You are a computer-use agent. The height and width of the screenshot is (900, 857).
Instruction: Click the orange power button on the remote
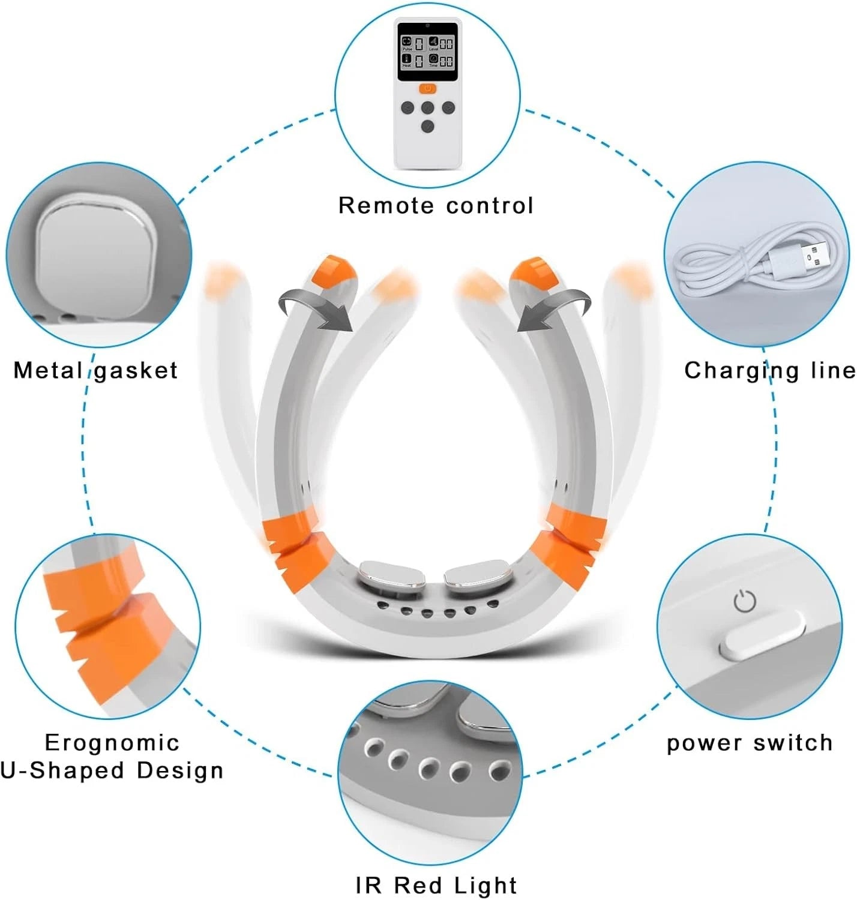427,89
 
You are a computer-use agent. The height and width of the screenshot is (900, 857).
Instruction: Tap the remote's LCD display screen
427,52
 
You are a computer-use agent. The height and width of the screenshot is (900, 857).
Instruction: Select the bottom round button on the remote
427,127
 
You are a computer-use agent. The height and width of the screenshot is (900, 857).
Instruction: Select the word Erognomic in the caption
112,743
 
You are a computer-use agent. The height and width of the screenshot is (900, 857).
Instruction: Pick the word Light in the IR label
486,886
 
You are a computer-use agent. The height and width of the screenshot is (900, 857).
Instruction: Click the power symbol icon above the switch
745,601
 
